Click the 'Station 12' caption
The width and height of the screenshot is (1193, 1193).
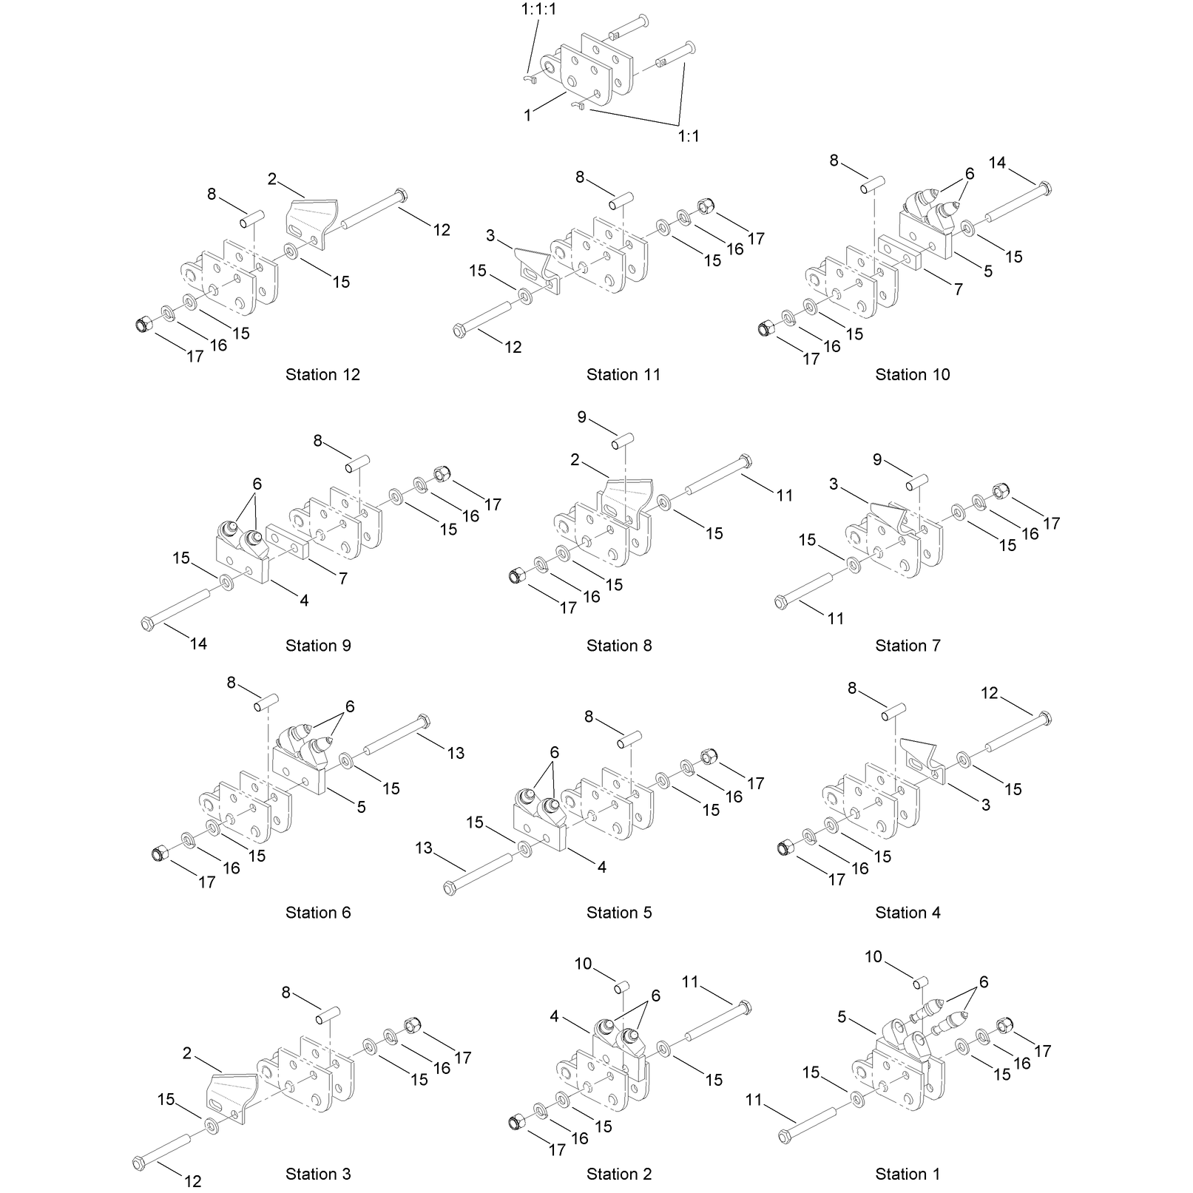point(322,375)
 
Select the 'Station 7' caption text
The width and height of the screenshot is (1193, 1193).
point(908,646)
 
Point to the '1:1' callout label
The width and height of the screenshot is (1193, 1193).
point(689,136)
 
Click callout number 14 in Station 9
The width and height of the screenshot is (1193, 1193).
point(198,643)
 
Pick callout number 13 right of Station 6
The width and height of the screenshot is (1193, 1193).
point(456,753)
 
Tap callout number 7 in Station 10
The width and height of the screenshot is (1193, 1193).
point(959,289)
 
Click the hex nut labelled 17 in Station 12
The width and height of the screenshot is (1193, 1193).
point(145,324)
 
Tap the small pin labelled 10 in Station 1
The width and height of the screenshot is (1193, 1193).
point(920,982)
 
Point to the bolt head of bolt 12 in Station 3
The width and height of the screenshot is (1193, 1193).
point(138,1163)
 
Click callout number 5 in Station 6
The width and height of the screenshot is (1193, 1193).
point(361,808)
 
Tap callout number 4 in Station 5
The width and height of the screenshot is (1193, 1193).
point(601,867)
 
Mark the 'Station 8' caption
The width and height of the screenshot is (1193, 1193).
point(619,646)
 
